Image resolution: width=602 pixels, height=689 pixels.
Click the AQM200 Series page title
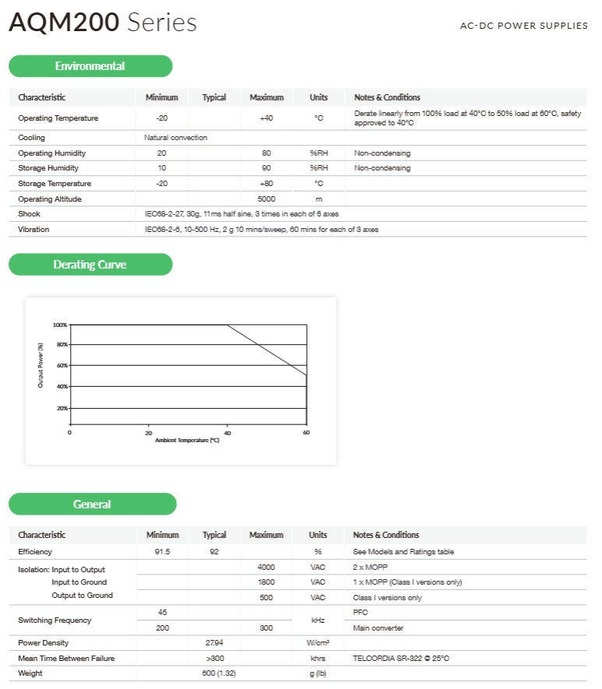coord(102,23)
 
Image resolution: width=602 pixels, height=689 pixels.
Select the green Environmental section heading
coord(90,66)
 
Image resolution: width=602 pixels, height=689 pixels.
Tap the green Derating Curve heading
coord(90,265)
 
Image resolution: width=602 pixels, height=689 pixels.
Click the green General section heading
coord(92,504)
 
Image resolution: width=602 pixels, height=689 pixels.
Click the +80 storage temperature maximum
coord(266,184)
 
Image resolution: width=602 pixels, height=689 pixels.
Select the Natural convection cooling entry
coord(176,138)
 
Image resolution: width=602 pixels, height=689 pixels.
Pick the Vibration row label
coord(33,230)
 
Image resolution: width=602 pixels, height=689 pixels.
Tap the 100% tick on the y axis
coord(60,325)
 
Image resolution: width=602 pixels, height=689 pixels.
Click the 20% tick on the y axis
coord(62,408)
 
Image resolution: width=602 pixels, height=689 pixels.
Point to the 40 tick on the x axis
coord(227,432)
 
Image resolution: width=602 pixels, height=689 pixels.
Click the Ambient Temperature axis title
coord(187,440)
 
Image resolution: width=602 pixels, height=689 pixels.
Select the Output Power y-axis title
coord(40,365)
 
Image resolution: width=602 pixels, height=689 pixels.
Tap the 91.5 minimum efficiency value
coord(163,552)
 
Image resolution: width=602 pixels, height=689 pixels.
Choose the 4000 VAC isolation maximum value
coord(266,568)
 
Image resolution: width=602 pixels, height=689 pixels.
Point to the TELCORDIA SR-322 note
coord(401,659)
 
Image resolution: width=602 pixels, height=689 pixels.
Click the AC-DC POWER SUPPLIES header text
coord(523,26)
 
